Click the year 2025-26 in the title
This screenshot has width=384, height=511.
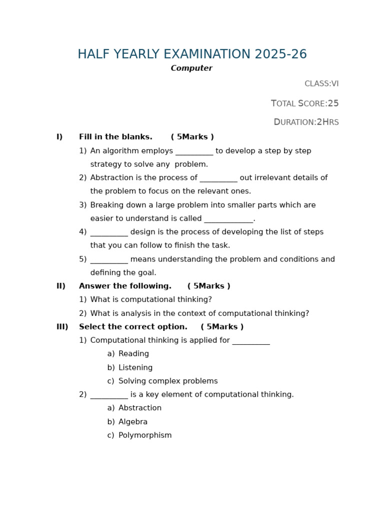click(x=280, y=54)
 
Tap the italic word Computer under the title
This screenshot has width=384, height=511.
click(x=191, y=68)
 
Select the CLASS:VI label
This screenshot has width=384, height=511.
click(x=321, y=84)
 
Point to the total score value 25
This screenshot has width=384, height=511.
click(x=333, y=104)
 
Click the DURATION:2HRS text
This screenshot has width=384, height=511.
click(x=306, y=122)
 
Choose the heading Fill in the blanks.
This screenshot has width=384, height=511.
click(x=115, y=137)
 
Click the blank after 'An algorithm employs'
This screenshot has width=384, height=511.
click(x=194, y=152)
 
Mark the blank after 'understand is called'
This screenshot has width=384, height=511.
click(x=228, y=220)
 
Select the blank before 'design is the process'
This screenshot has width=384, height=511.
click(x=109, y=233)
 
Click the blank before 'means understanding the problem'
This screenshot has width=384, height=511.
click(x=109, y=260)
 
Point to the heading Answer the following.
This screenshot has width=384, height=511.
click(x=125, y=286)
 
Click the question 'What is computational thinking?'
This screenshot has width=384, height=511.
click(x=151, y=300)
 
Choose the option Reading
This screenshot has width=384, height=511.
click(x=133, y=354)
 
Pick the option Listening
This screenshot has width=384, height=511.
click(x=135, y=368)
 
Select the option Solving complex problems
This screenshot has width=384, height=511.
click(x=168, y=381)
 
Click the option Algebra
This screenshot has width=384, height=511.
click(x=133, y=422)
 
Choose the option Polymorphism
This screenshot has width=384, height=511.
click(x=145, y=436)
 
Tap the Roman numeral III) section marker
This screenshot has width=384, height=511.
click(x=62, y=327)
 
